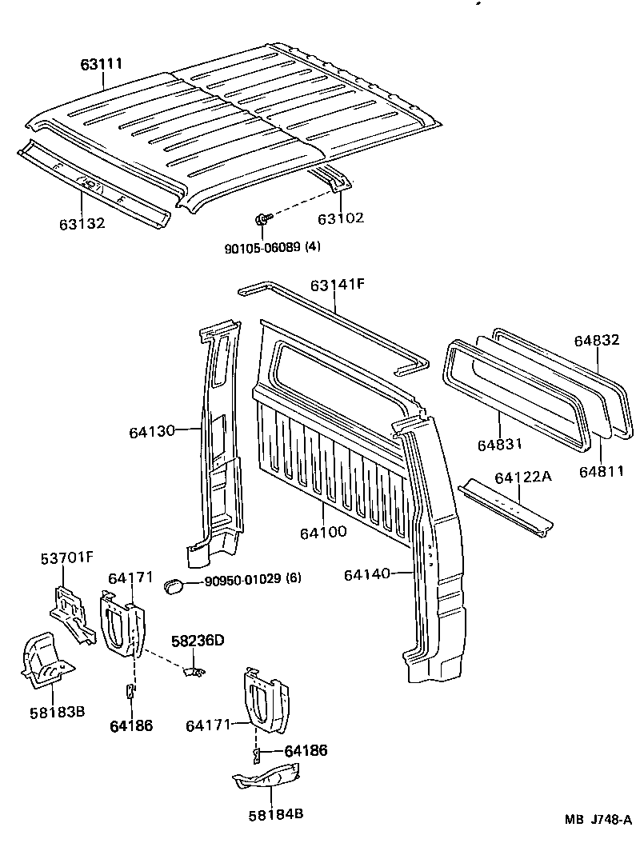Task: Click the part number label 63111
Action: pos(101,64)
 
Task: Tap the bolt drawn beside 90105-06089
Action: pos(263,218)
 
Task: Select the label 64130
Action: pos(151,432)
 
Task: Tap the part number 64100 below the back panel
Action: pos(324,530)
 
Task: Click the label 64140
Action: pos(366,573)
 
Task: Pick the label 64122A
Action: pos(522,477)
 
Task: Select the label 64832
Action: pos(596,340)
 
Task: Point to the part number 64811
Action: pos(601,471)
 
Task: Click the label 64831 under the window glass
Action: pos(502,444)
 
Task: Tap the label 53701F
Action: pos(67,557)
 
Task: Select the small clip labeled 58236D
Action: pos(193,671)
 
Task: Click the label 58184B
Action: pos(275,814)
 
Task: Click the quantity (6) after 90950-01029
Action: pos(293,578)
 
